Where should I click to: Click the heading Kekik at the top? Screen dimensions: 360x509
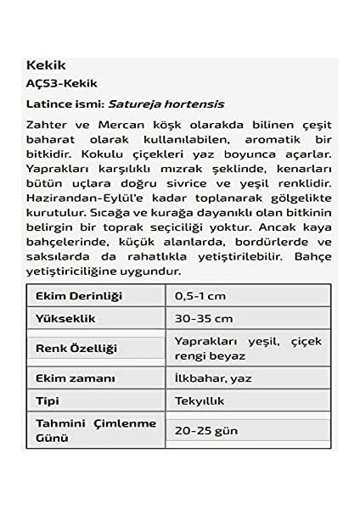coord(47,65)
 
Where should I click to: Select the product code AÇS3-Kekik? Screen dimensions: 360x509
coord(63,84)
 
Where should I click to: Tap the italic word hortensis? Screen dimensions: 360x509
coord(196,104)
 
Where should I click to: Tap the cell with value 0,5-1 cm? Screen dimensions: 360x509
coord(201,295)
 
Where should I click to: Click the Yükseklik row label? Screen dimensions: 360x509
coord(65,318)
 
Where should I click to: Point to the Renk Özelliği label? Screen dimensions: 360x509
coord(76,348)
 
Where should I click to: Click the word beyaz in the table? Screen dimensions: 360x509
coord(229,356)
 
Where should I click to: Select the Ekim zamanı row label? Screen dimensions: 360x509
coord(75,378)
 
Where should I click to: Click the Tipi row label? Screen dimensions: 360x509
coord(48,400)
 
